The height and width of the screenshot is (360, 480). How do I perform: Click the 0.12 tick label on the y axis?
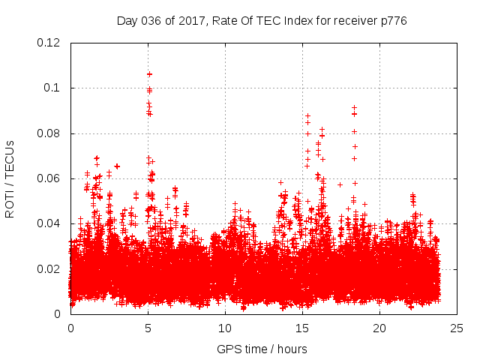point(50,43)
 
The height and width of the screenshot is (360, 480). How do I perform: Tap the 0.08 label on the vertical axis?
point(50,133)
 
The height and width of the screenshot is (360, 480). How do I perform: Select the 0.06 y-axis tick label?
point(50,178)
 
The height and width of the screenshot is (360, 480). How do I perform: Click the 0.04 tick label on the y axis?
point(50,223)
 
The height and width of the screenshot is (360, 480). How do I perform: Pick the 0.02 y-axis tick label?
point(50,268)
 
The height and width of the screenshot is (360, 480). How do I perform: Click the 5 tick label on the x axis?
point(148,328)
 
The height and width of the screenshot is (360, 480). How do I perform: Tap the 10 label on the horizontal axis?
point(225,328)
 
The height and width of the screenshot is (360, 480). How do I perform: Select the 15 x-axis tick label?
point(302,328)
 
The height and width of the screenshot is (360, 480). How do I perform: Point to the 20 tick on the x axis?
point(379,328)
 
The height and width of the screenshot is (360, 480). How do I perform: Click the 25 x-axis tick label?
point(457,328)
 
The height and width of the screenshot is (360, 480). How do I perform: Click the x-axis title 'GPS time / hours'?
point(262,349)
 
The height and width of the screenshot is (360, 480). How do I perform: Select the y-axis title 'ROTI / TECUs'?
point(10,178)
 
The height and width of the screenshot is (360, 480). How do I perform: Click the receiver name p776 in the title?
point(393,20)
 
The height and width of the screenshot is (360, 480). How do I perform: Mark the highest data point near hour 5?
point(149,73)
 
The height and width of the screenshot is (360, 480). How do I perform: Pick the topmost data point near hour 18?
point(354,107)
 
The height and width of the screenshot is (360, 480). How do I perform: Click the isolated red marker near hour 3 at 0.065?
point(117,166)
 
